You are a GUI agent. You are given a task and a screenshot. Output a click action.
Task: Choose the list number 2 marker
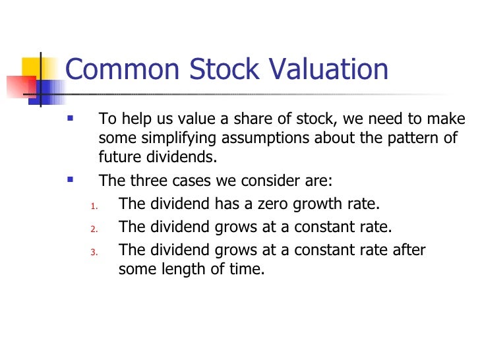click(x=93, y=229)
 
